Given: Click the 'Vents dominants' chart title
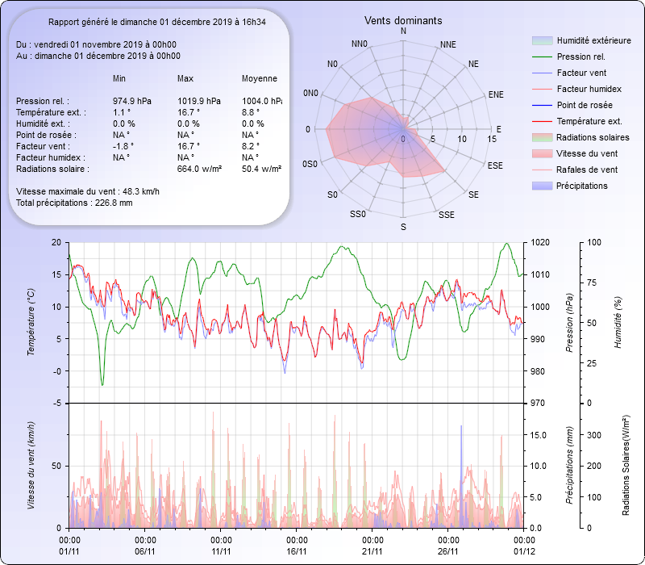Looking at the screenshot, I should point(403,20).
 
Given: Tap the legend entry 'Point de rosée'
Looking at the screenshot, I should point(585,105).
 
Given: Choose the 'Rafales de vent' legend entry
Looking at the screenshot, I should point(587,169).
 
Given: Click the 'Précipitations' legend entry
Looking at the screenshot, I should point(582,186).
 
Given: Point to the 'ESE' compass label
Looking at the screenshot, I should point(496,165).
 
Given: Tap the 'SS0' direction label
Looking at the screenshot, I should point(358,214).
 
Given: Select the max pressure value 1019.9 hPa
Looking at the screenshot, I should point(198,101).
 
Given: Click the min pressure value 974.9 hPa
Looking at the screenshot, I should point(132,101).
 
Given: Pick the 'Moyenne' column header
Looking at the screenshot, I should point(260,78).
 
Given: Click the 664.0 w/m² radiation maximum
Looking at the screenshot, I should point(199,169).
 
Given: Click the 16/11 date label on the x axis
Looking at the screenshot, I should point(297,551).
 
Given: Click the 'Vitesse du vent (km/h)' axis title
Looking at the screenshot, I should point(31,466).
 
